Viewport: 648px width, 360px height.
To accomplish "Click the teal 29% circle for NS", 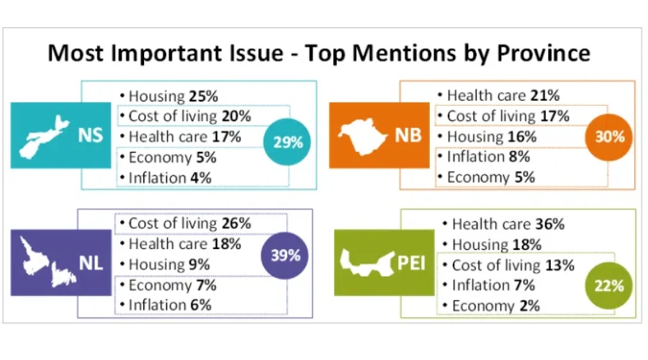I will [288, 141].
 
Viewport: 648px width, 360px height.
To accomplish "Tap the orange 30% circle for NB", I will [609, 136].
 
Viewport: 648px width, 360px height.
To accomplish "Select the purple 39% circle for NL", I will [285, 255].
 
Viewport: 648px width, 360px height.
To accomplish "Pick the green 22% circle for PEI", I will [609, 286].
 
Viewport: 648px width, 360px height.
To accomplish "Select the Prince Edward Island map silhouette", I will [364, 263].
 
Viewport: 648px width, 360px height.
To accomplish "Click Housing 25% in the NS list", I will [173, 96].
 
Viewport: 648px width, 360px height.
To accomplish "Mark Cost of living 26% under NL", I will [189, 223].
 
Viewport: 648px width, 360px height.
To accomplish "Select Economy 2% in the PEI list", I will [495, 306].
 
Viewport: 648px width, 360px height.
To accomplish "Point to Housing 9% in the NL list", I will [169, 264].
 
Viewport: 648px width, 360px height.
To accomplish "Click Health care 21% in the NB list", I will [503, 95].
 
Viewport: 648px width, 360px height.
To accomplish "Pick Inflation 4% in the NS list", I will [170, 177].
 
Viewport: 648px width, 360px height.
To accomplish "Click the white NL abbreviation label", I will [91, 264].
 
